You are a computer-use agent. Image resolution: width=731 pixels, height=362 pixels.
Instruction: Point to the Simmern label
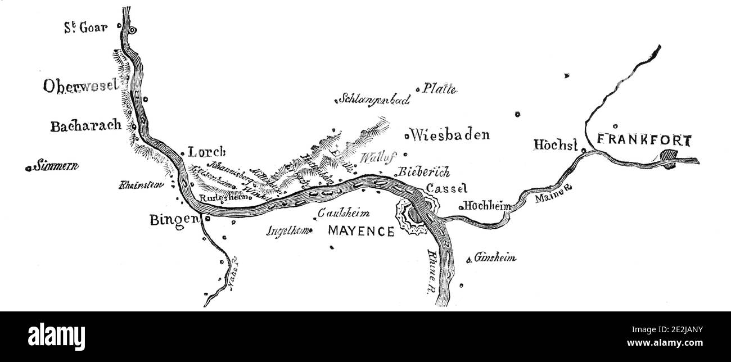click(x=56, y=166)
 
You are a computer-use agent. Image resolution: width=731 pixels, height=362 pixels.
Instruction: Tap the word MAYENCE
click(x=360, y=231)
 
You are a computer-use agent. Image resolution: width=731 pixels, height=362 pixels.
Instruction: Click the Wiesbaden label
click(x=450, y=135)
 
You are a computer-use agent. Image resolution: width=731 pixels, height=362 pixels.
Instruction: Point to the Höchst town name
click(x=556, y=146)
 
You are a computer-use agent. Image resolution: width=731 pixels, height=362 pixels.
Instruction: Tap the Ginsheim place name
click(x=495, y=258)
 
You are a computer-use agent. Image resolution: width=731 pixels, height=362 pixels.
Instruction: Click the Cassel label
click(x=446, y=188)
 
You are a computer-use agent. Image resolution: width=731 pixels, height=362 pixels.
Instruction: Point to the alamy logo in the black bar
click(x=56, y=336)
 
